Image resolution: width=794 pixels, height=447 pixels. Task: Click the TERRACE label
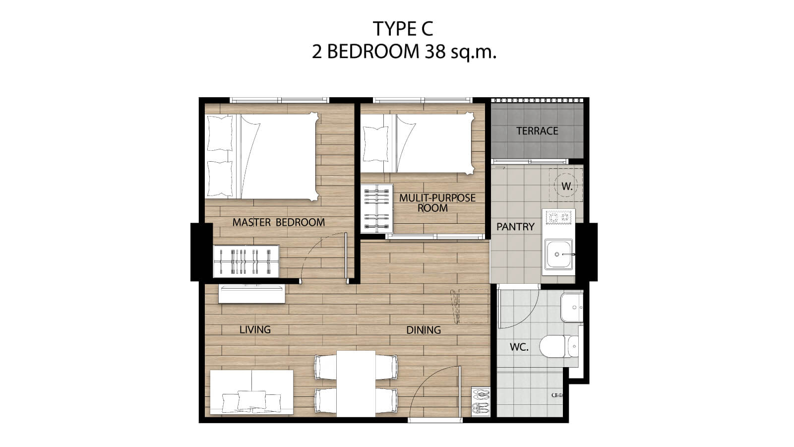[x=537, y=131]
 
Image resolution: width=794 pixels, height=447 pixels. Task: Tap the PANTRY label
[x=515, y=227]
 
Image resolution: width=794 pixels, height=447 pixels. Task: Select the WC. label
[x=519, y=347]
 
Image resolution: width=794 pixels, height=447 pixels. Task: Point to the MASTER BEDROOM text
[x=279, y=222]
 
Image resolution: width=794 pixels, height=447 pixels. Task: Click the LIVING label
[x=255, y=329]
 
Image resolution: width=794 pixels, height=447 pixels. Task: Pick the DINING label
[x=424, y=330]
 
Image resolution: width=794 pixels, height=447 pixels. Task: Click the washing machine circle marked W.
[x=566, y=186]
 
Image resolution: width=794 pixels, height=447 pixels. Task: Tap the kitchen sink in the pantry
[x=558, y=254]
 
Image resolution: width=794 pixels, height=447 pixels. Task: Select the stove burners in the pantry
[x=558, y=217]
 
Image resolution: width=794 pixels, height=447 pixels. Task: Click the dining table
[x=356, y=383]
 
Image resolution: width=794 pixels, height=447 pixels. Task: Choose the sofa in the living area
[x=251, y=392]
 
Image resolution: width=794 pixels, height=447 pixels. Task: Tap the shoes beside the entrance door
[x=480, y=401]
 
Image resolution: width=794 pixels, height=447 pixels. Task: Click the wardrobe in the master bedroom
[x=246, y=261]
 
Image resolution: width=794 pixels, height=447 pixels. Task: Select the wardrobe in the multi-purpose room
[x=377, y=208]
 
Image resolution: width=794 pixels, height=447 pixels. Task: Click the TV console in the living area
[x=251, y=294]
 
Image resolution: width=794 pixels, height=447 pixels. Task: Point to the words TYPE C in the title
[x=403, y=29]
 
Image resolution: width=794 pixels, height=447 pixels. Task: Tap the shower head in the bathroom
[x=558, y=394]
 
